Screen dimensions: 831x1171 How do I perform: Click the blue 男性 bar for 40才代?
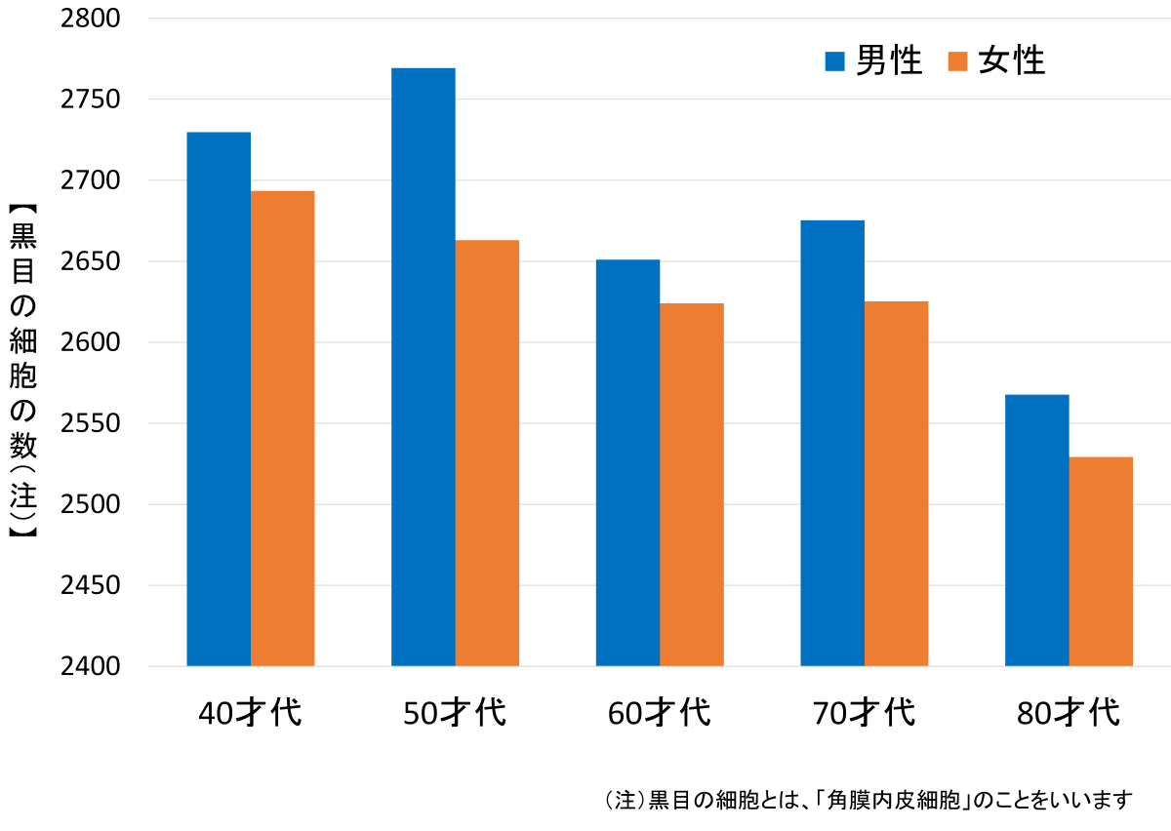pyautogui.click(x=219, y=399)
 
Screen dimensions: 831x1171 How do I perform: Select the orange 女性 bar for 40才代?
pyautogui.click(x=283, y=428)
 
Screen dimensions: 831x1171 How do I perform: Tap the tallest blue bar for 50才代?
pyautogui.click(x=423, y=367)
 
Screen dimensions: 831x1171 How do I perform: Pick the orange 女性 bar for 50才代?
pyautogui.click(x=487, y=453)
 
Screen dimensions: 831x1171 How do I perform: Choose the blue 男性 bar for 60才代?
pyautogui.click(x=627, y=462)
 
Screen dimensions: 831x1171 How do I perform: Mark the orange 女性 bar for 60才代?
pyautogui.click(x=692, y=485)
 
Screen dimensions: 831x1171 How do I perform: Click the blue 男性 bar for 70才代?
pyautogui.click(x=832, y=443)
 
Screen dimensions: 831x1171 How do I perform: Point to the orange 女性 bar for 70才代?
pyautogui.click(x=896, y=484)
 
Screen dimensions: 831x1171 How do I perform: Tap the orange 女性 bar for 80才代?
pyautogui.click(x=1101, y=561)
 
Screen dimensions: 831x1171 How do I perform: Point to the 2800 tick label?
pyautogui.click(x=92, y=19)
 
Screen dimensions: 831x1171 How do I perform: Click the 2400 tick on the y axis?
pyautogui.click(x=92, y=667)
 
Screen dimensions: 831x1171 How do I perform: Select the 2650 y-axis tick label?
pyautogui.click(x=92, y=262)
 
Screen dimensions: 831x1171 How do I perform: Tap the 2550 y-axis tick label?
pyautogui.click(x=92, y=424)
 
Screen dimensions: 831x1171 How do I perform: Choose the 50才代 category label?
pyautogui.click(x=455, y=713)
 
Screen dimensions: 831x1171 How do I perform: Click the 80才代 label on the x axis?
pyautogui.click(x=1068, y=713)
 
